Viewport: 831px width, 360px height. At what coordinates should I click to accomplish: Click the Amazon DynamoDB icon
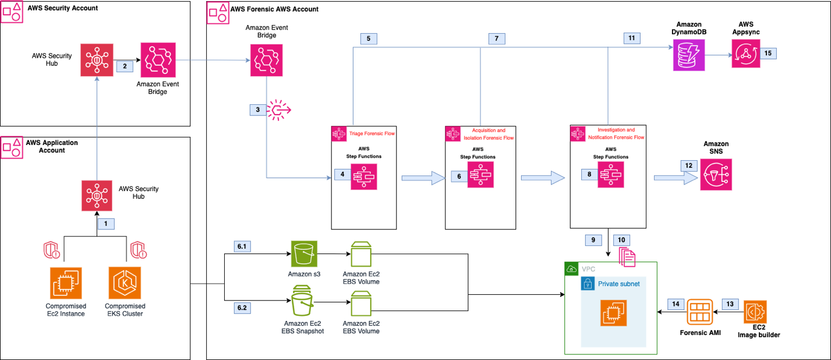pyautogui.click(x=689, y=55)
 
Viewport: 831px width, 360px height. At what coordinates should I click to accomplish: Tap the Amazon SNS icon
pyautogui.click(x=716, y=173)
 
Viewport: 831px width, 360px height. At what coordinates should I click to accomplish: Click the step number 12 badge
pyautogui.click(x=689, y=166)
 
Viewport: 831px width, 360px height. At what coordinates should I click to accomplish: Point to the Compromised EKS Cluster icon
pyautogui.click(x=125, y=284)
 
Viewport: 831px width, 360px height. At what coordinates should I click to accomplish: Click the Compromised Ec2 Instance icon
pyautogui.click(x=66, y=284)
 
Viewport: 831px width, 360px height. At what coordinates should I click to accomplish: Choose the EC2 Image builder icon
pyautogui.click(x=755, y=312)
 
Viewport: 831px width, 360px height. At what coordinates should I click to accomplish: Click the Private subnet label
pyautogui.click(x=618, y=284)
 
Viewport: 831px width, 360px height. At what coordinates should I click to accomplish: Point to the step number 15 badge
pyautogui.click(x=768, y=53)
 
